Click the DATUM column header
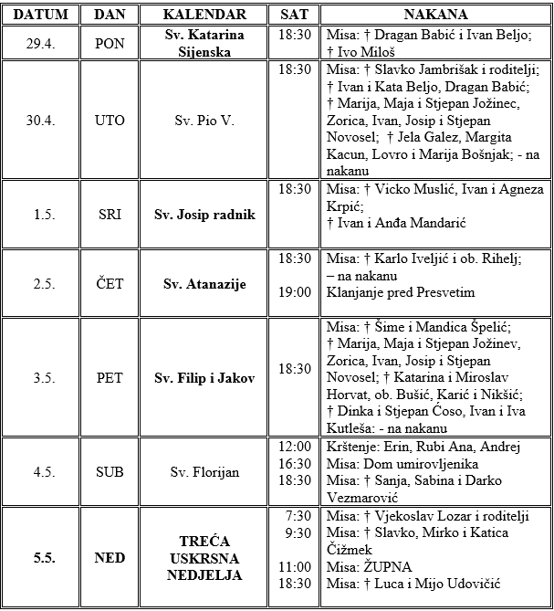(x=39, y=15)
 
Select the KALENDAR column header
(x=204, y=15)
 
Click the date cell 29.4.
(x=39, y=43)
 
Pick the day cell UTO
(x=110, y=121)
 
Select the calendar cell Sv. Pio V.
(x=204, y=121)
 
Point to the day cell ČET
(x=110, y=283)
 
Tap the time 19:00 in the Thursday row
(x=296, y=292)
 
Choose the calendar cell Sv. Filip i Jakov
(x=204, y=377)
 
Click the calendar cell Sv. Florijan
(x=204, y=473)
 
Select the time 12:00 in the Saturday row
(x=296, y=448)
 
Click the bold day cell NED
(x=110, y=558)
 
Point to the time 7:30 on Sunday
(x=299, y=516)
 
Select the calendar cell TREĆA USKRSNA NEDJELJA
(x=204, y=558)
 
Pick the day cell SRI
(x=110, y=215)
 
